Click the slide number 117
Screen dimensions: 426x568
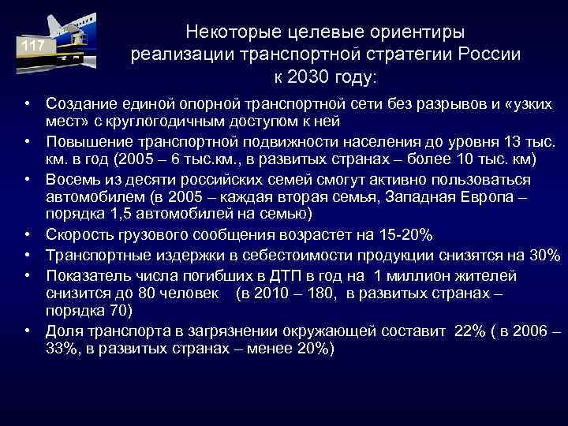coord(32,47)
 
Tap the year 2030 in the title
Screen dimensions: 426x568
coord(314,77)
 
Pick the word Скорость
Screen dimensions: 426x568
coord(79,235)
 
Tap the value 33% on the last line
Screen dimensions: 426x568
coord(60,348)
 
